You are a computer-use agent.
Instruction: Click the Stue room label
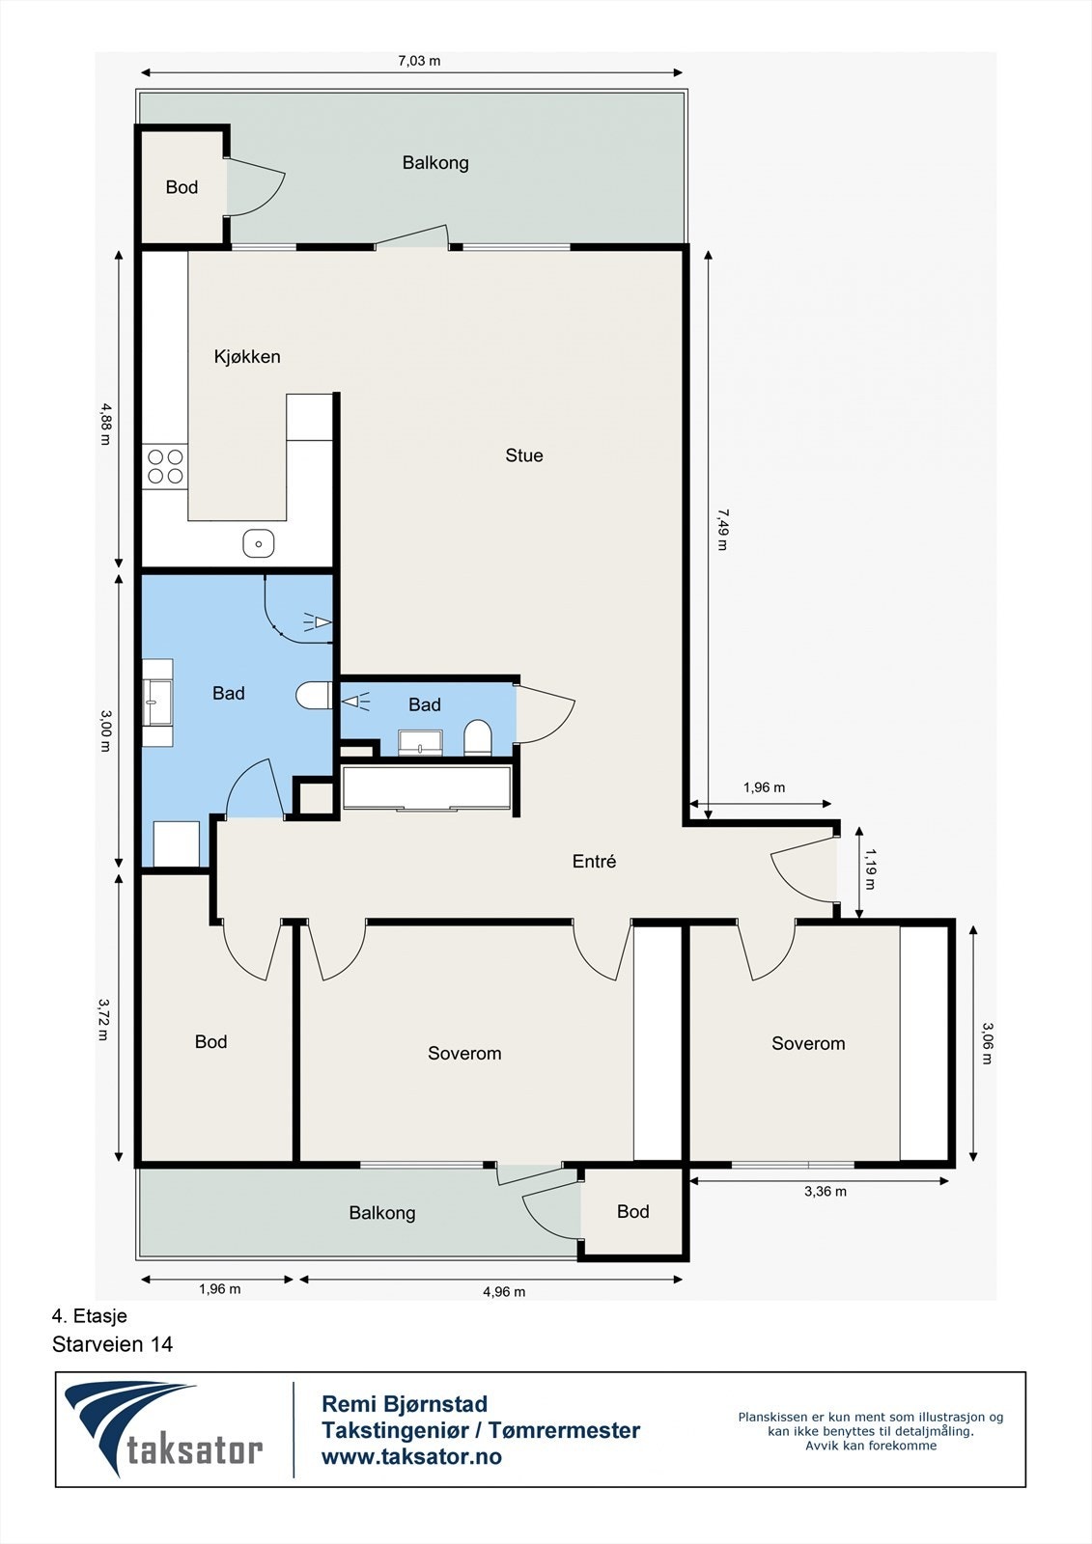[x=523, y=455]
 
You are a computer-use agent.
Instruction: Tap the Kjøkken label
[x=247, y=356]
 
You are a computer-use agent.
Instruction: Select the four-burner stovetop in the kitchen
[x=165, y=466]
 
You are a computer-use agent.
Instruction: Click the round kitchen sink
[x=259, y=543]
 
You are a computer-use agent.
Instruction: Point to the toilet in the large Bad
[x=314, y=695]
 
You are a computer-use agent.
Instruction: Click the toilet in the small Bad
[x=477, y=737]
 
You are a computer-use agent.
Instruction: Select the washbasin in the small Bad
[x=420, y=743]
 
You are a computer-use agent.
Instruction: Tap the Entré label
[x=594, y=861]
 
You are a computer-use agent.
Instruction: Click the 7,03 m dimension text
[x=419, y=61]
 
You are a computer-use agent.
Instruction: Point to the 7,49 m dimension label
[x=722, y=530]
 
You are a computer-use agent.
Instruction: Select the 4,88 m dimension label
[x=105, y=424]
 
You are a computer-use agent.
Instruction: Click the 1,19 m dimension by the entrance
[x=870, y=868]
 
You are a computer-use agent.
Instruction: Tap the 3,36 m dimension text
[x=826, y=1191]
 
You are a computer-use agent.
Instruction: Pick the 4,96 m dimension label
[x=504, y=1292]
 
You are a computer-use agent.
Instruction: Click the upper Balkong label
[x=435, y=163]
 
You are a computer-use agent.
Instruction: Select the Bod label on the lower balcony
[x=632, y=1211]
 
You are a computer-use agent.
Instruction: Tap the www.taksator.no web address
[x=411, y=1456]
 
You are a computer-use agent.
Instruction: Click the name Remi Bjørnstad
[x=405, y=1404]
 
